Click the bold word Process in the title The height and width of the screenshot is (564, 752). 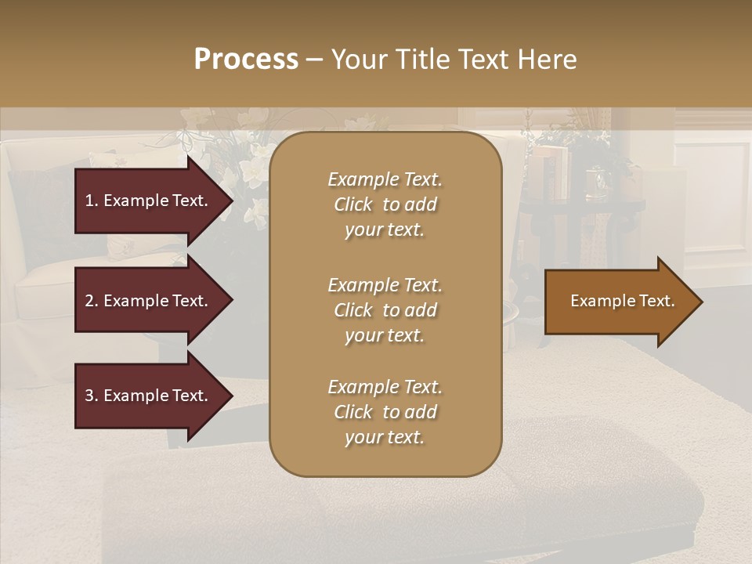(x=246, y=60)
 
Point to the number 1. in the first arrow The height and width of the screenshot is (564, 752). (x=92, y=201)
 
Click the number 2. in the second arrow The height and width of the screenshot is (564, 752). (x=92, y=301)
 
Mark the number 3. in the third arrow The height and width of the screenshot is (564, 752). (x=92, y=396)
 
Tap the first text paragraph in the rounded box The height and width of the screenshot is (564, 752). (x=385, y=204)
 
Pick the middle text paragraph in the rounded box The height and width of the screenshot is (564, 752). (x=385, y=310)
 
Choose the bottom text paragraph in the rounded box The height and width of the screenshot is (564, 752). (x=385, y=412)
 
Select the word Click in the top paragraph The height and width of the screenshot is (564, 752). (x=353, y=204)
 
